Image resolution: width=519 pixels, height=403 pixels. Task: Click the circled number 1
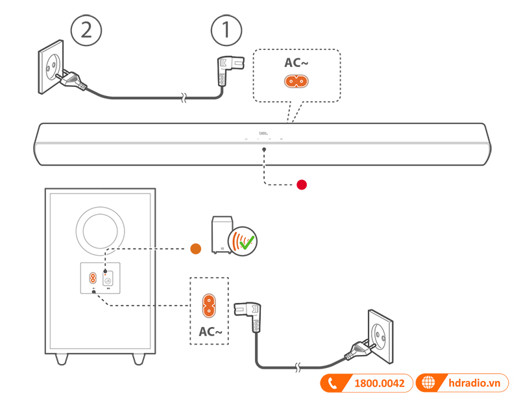pyautogui.click(x=226, y=30)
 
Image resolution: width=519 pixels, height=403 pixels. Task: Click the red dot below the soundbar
pyautogui.click(x=301, y=185)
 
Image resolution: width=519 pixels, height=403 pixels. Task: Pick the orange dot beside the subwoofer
pyautogui.click(x=195, y=248)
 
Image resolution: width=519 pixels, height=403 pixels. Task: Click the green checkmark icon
pyautogui.click(x=247, y=243)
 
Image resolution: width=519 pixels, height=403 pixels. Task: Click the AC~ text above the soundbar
pyautogui.click(x=296, y=63)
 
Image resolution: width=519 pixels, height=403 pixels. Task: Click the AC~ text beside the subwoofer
pyautogui.click(x=209, y=332)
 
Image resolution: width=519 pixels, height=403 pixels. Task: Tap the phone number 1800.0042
pyautogui.click(x=380, y=384)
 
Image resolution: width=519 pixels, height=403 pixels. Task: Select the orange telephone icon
pyautogui.click(x=333, y=384)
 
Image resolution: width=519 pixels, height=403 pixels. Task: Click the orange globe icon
pyautogui.click(x=428, y=383)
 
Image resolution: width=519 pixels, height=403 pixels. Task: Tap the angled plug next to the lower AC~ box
pyautogui.click(x=253, y=317)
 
